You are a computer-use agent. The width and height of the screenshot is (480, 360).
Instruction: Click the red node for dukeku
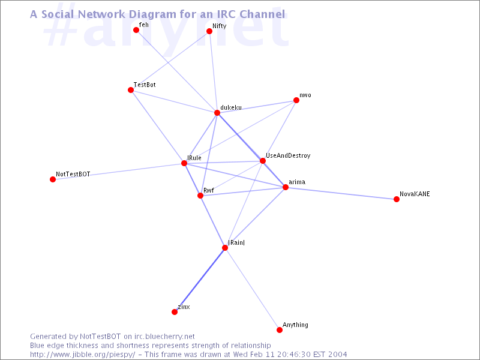[x=217, y=113]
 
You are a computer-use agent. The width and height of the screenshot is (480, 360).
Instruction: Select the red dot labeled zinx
[x=175, y=312]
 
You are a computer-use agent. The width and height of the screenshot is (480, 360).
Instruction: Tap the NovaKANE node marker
[x=397, y=199]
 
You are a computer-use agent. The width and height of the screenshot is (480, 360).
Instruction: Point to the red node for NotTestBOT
[x=53, y=179]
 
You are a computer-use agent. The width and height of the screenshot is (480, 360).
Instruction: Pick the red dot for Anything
[x=280, y=330]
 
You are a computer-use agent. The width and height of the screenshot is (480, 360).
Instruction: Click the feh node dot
[x=136, y=30]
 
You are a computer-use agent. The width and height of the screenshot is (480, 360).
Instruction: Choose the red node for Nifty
[x=209, y=31]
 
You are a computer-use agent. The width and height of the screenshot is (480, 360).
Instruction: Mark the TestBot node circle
[x=131, y=90]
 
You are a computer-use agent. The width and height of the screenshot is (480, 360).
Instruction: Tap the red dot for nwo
[x=296, y=101]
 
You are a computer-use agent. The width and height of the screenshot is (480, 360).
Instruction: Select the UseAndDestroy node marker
[x=263, y=161]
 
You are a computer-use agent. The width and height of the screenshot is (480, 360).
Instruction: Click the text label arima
[x=297, y=181]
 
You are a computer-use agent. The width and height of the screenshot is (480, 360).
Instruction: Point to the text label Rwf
[x=209, y=190]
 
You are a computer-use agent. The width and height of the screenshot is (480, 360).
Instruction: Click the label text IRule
[x=194, y=158]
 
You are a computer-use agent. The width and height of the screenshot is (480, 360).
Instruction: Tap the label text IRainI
[x=236, y=242]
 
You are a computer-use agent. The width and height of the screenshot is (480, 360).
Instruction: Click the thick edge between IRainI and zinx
[x=200, y=280]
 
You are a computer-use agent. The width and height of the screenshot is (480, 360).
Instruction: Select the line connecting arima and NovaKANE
[x=341, y=193]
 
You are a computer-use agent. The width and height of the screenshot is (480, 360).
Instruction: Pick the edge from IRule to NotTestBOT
[x=119, y=171]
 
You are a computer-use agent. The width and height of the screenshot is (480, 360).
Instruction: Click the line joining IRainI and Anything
[x=252, y=289]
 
